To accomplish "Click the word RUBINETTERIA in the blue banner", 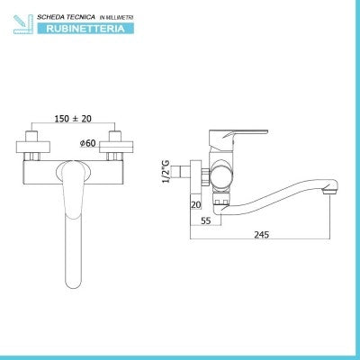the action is pos(85,29).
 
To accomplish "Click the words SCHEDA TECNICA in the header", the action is pos(66,17).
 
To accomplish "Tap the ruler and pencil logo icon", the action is pos(23,24).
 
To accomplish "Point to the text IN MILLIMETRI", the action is pos(116,18).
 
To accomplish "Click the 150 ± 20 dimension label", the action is pos(73,119).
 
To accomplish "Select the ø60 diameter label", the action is pos(87,143).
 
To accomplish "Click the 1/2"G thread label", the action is pos(166,171).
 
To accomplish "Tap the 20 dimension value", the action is pos(196,205).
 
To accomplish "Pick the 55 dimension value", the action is pos(206,221).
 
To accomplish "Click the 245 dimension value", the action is pos(262,235).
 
